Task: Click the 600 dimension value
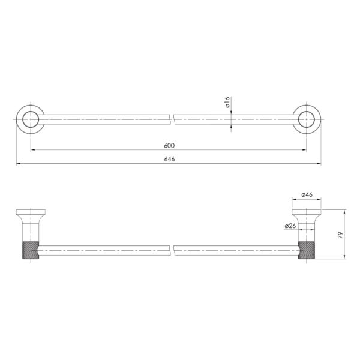[x=169, y=146]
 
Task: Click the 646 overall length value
[x=169, y=159]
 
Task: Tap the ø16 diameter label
[x=227, y=102]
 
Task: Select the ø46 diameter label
[x=307, y=194]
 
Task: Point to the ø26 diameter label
[x=290, y=226]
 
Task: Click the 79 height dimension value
[x=340, y=235]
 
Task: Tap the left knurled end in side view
[x=31, y=250]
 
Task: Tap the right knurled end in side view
[x=307, y=250]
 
